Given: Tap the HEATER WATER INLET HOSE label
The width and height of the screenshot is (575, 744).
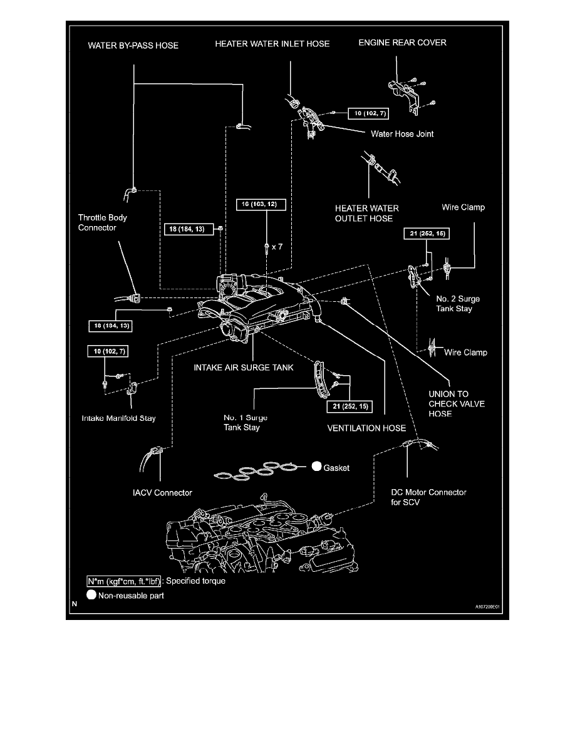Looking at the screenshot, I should (x=272, y=44).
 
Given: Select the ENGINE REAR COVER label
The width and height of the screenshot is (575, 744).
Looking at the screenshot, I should (x=402, y=43).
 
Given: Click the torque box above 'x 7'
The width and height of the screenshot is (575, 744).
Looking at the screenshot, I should (x=262, y=204).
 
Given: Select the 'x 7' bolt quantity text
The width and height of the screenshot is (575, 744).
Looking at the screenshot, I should (x=277, y=247).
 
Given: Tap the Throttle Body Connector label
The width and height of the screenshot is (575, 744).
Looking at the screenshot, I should (x=102, y=222).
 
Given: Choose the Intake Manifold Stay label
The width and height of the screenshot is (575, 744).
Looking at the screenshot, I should (x=118, y=418).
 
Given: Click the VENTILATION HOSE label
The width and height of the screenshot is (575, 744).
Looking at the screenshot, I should (x=366, y=428).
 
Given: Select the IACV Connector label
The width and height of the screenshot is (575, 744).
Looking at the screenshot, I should (x=158, y=493).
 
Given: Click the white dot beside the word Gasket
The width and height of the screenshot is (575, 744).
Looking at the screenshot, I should (x=316, y=467).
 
